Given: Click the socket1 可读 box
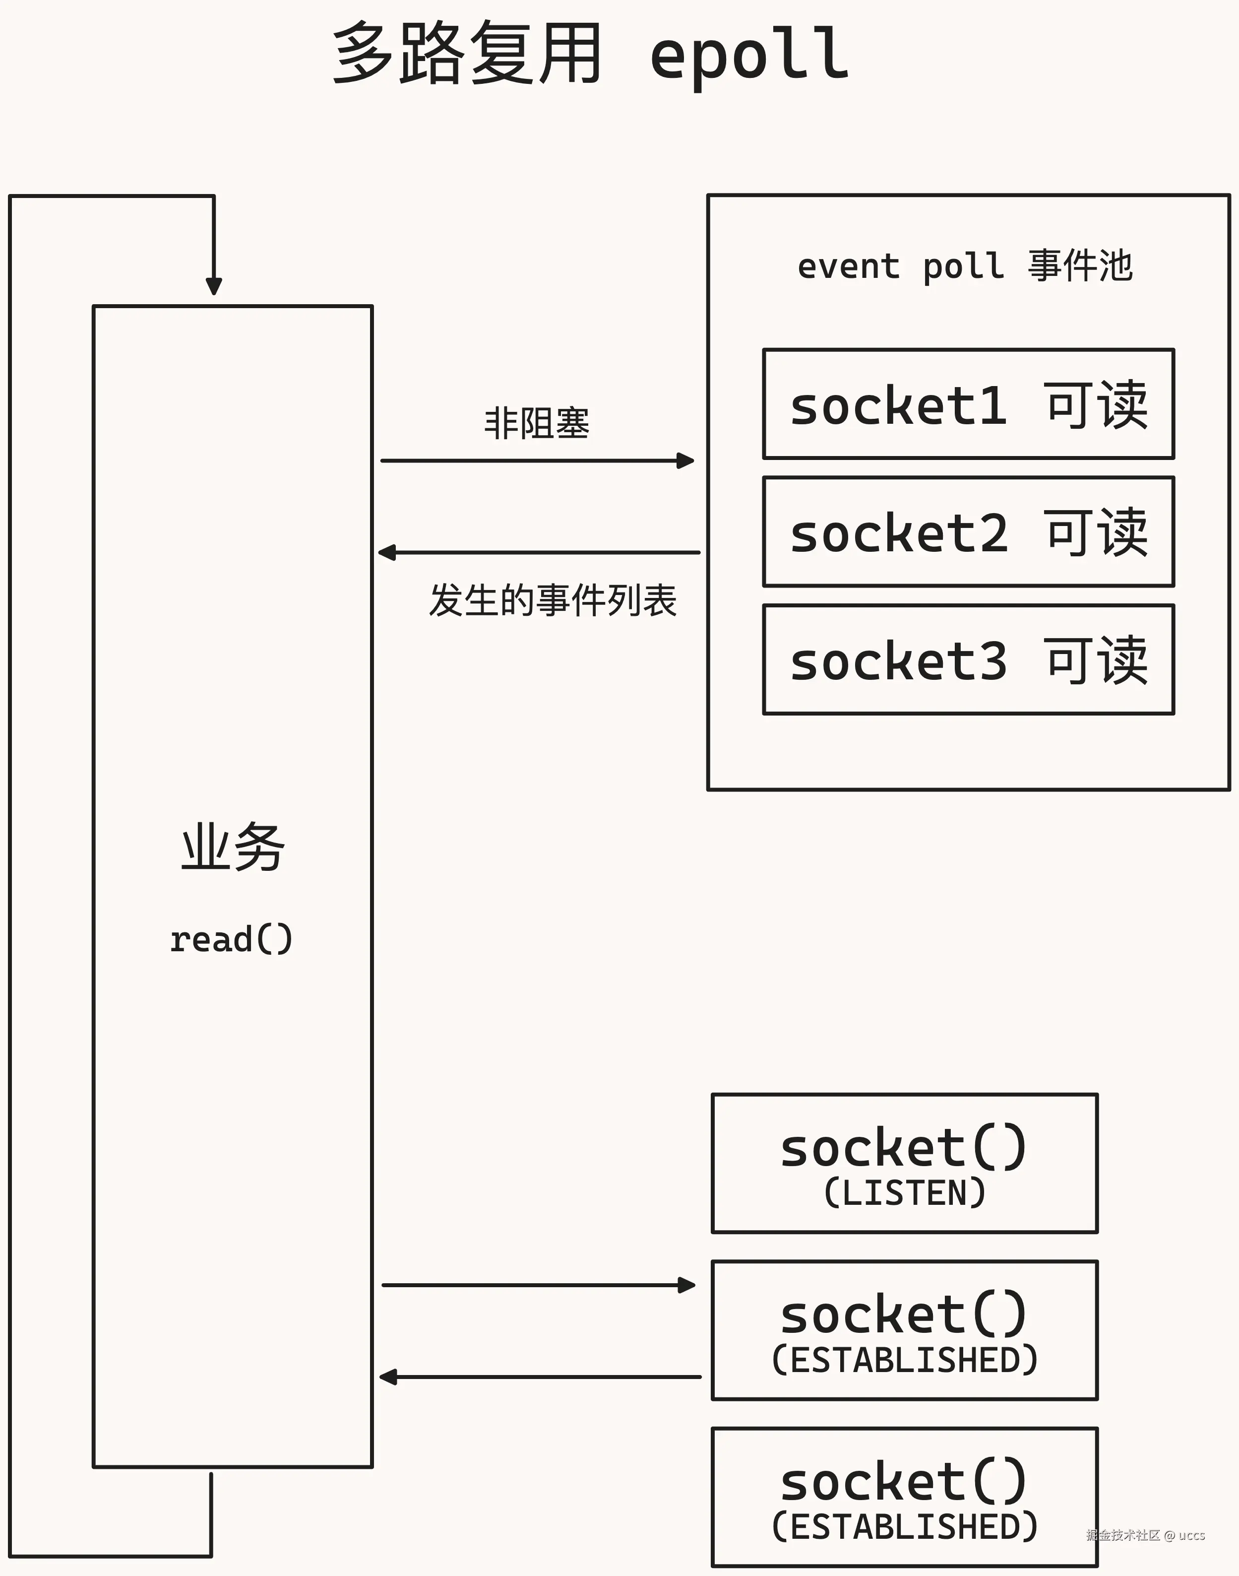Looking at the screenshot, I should pos(968,404).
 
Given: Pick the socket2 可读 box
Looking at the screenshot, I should pos(968,532).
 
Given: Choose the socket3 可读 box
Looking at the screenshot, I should pos(968,659).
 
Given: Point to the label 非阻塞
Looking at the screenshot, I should pos(537,423).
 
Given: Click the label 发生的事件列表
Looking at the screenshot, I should pos(553,601).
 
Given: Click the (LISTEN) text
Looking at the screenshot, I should pos(905,1193).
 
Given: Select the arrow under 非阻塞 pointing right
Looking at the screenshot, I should pos(537,461).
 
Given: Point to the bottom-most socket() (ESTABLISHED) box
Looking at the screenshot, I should pos(905,1497).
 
